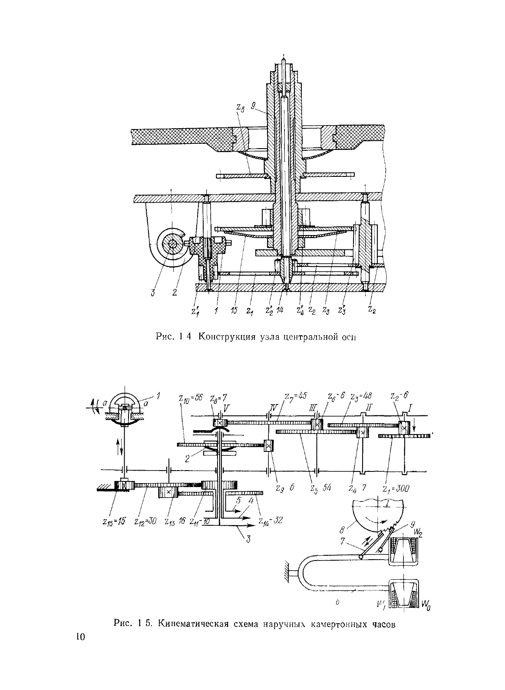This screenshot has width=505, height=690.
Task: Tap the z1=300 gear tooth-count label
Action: pos(397,488)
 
